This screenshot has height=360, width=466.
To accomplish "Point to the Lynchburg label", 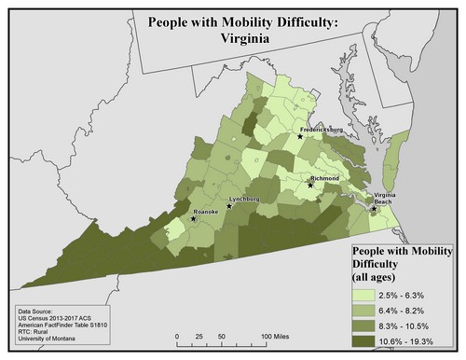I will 243,199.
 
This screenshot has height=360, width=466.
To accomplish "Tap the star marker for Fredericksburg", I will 300,137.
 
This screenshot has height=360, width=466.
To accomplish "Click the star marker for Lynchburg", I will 229,206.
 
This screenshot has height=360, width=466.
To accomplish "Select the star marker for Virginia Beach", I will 374,209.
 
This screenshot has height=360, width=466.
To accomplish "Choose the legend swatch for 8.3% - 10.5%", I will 366,324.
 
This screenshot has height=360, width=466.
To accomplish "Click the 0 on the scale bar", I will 177,334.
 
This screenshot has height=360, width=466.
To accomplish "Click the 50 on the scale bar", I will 221,334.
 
